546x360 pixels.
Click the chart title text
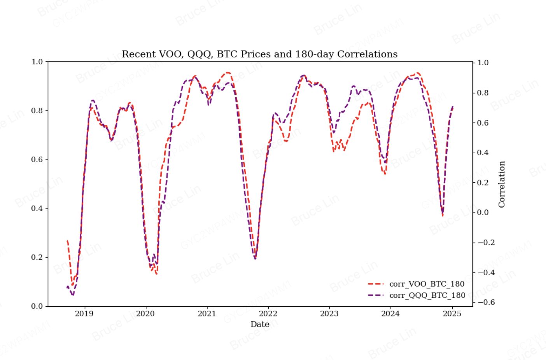[x=259, y=54]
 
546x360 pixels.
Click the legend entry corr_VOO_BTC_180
[x=427, y=284]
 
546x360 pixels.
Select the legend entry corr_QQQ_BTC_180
[x=427, y=295]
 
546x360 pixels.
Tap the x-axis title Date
[x=260, y=324]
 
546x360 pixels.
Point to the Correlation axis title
[x=502, y=184]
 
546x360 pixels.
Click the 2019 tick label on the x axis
[x=84, y=314]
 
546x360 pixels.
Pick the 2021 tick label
[x=206, y=314]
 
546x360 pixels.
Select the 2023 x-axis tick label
[x=329, y=314]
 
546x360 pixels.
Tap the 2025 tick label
[x=452, y=314]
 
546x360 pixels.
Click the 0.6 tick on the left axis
[x=37, y=159]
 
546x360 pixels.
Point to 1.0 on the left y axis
[x=37, y=62]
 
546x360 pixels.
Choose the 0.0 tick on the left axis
[x=37, y=306]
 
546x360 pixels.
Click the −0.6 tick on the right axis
[x=486, y=302]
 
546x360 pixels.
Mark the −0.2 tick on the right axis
[x=486, y=243]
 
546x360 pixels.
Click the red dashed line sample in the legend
[x=375, y=284]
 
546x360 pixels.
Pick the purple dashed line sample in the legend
[x=375, y=295]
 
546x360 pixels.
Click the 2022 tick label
[x=268, y=314]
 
